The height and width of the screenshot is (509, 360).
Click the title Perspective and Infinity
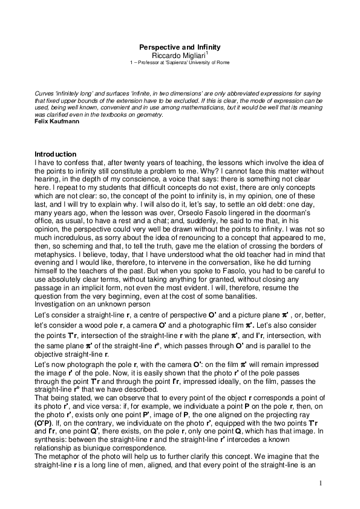click(180, 47)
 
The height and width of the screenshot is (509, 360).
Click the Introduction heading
click(56, 154)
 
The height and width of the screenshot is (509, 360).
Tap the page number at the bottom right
click(321, 484)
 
